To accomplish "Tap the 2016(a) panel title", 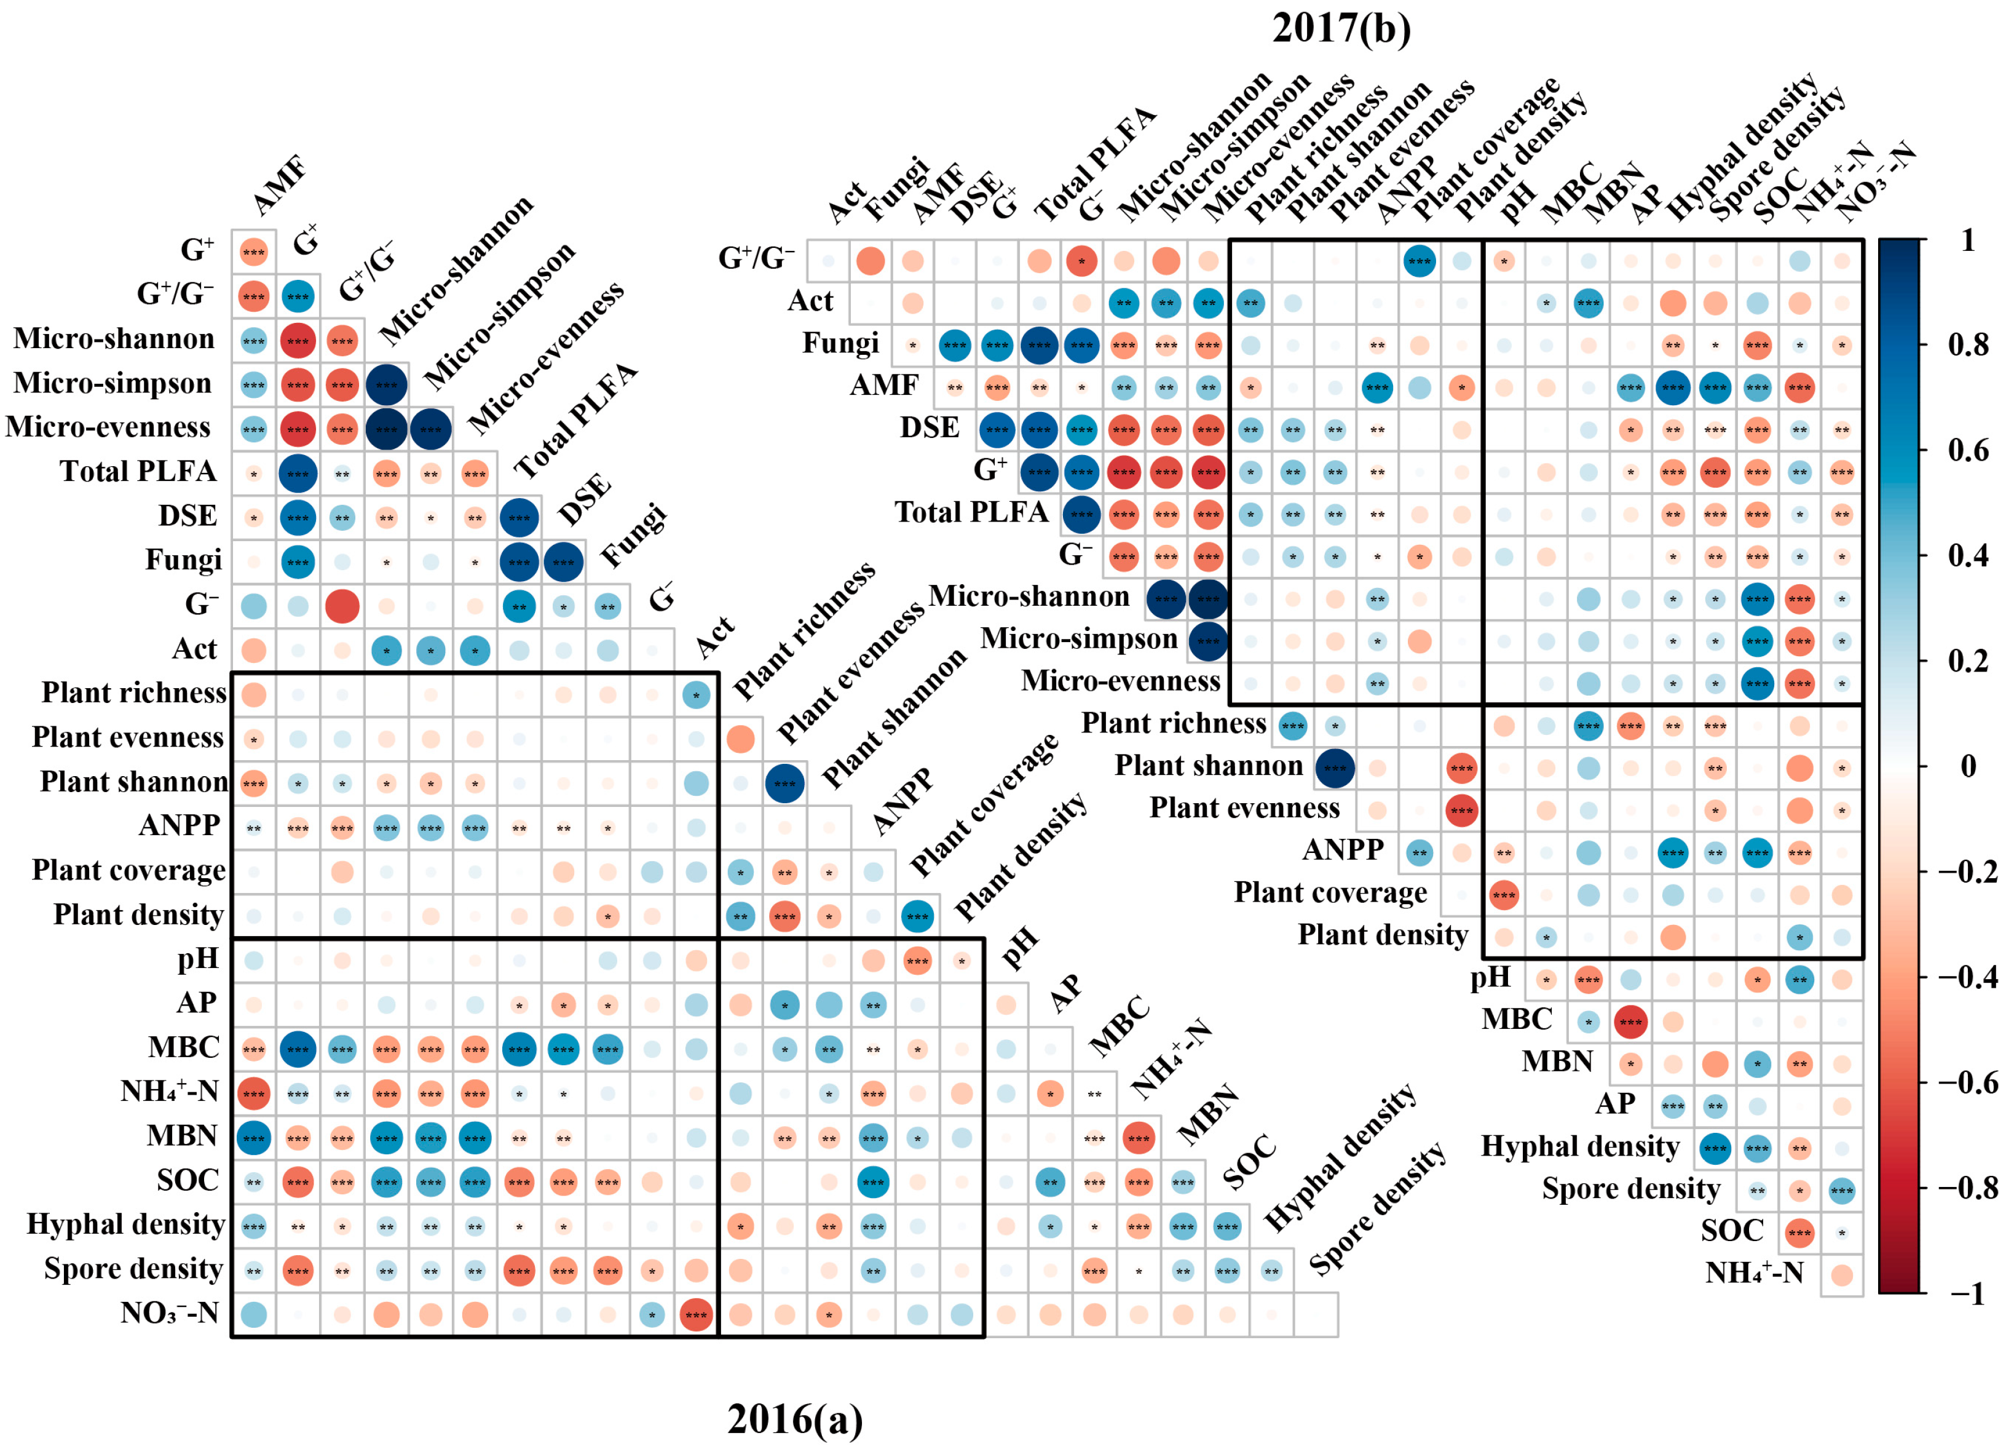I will coord(794,1419).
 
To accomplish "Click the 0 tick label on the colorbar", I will coord(1968,766).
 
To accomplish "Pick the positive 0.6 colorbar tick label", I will coord(1968,450).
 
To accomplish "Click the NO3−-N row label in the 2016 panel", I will coord(170,1313).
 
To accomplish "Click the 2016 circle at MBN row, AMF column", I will coord(254,1138).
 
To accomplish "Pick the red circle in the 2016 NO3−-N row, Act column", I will coord(696,1315).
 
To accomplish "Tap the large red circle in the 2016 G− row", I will coord(342,607).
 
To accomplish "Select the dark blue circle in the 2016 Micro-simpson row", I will coord(387,386).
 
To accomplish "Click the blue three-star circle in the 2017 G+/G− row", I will coord(1419,261).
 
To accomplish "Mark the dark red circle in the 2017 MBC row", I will coord(1630,1022).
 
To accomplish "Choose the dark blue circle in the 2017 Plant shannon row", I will coord(1335,768).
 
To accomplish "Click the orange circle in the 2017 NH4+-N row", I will coord(1841,1275).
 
